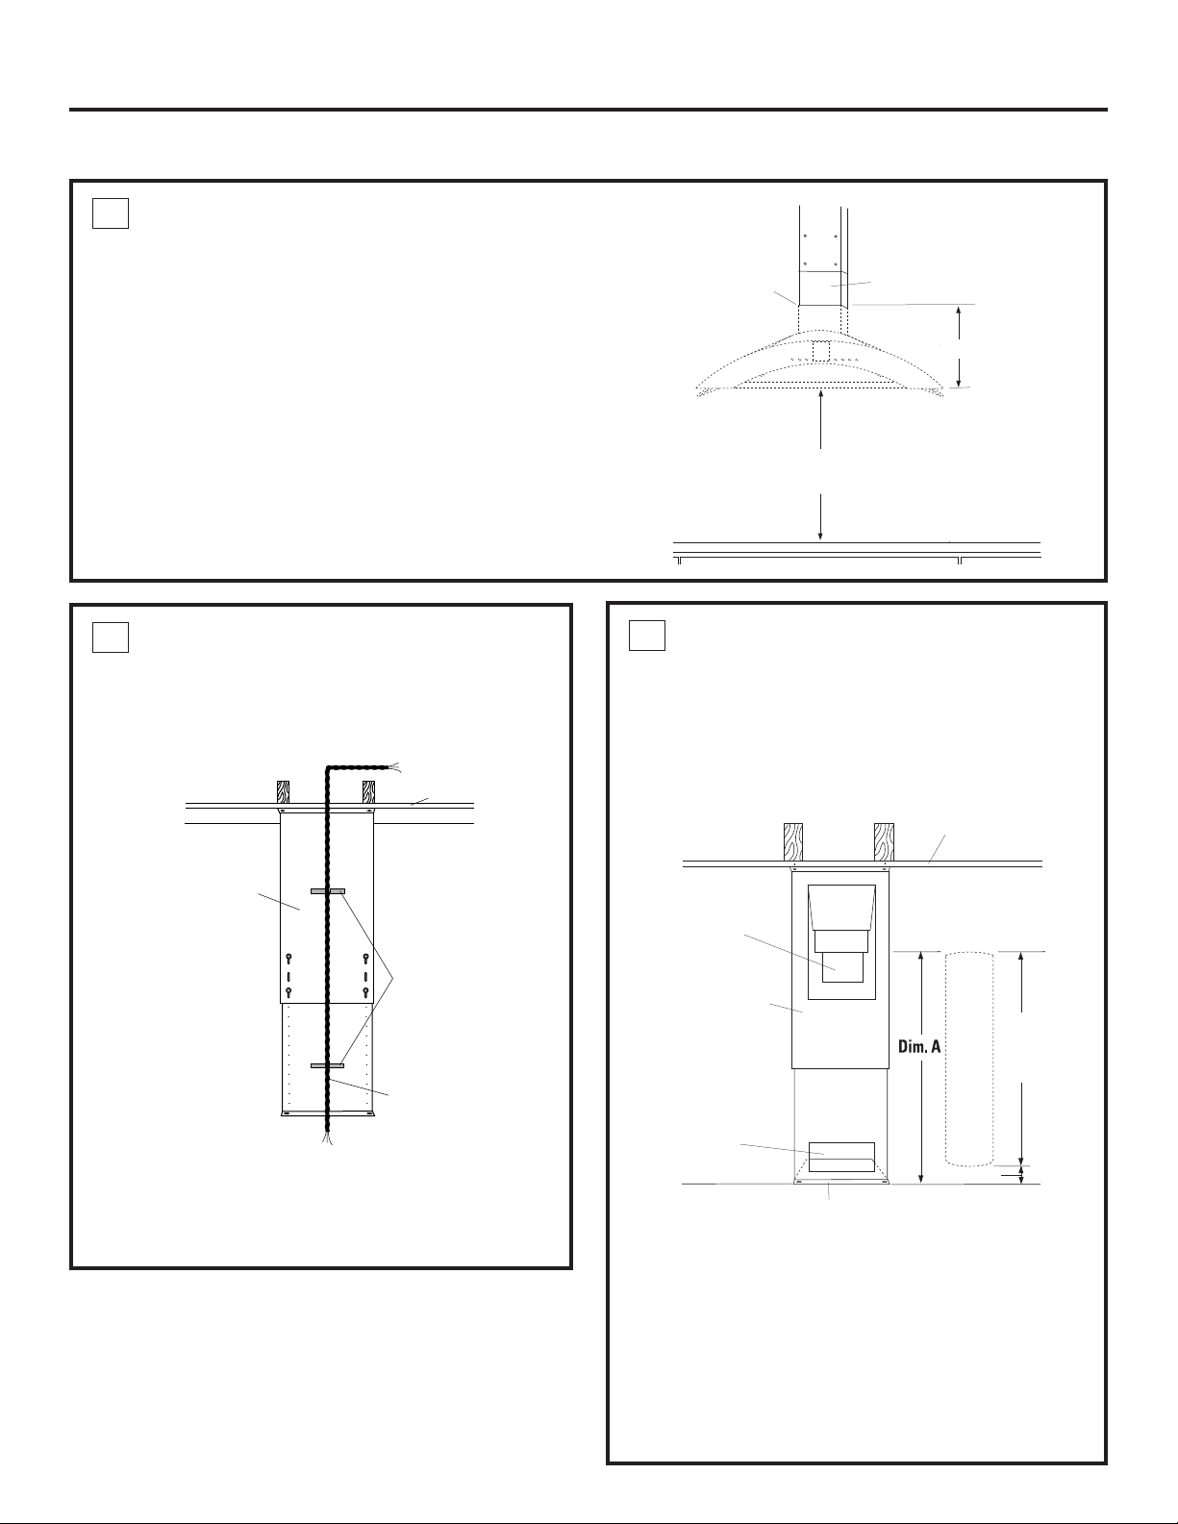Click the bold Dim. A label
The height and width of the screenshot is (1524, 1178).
point(919,1066)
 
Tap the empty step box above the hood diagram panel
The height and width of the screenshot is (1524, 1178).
point(110,213)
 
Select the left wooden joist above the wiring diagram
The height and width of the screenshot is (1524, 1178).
point(284,791)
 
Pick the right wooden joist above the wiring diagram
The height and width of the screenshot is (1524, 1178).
point(368,791)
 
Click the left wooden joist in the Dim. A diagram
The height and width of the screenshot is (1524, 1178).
point(792,841)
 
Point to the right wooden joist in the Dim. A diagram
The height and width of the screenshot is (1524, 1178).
point(884,841)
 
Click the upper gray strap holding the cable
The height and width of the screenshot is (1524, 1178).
point(328,890)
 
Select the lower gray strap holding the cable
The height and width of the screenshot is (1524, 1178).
point(328,1065)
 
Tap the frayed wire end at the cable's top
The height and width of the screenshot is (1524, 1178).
point(394,766)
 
